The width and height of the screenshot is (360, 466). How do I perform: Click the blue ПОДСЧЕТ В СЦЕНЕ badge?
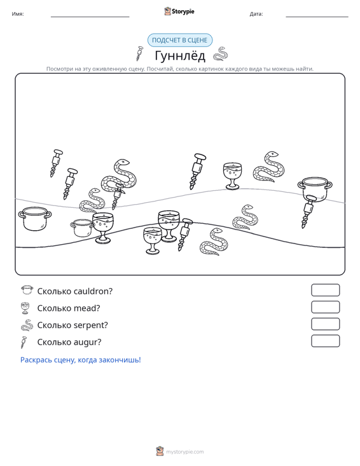180,40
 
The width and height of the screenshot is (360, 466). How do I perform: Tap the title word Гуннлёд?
180,55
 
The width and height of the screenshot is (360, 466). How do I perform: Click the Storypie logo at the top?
179,11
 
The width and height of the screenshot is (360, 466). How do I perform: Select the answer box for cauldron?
325,290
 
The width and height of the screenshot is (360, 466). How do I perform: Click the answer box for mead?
325,307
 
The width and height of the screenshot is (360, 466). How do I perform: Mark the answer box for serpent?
325,324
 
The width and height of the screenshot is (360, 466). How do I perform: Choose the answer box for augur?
325,341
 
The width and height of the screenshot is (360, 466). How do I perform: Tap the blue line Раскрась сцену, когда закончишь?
81,360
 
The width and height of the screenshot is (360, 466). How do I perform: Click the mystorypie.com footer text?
185,452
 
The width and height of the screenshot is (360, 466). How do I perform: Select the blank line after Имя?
90,17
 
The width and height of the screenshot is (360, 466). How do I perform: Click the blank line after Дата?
317,17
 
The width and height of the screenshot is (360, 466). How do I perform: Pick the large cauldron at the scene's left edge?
35,219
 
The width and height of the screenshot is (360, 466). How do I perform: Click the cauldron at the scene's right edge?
315,188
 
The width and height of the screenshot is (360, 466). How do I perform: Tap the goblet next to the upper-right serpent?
232,175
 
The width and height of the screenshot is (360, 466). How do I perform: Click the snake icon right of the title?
221,54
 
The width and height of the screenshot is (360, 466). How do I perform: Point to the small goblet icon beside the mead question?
25,308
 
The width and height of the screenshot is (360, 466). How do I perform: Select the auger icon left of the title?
139,53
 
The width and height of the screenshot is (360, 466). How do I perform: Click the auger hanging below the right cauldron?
308,210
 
